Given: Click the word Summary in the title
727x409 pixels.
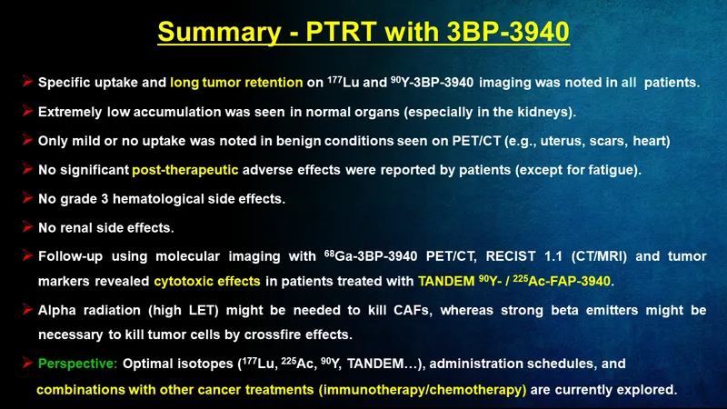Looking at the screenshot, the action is point(219,33).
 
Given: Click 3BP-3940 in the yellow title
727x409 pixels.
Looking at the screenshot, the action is point(508,32).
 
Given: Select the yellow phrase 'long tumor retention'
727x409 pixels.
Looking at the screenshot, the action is point(236,83).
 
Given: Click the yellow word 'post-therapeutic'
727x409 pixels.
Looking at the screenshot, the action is point(185,170).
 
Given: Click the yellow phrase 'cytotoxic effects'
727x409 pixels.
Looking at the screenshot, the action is point(207,282).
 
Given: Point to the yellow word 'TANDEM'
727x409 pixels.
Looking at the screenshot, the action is point(446,282).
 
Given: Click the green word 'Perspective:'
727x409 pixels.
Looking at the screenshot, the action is point(78,364).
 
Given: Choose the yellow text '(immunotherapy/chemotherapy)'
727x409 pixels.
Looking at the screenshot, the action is point(423,390).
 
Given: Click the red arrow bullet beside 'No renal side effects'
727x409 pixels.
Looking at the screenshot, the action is point(27,226).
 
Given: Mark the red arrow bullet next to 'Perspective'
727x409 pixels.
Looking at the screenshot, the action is point(27,363).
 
